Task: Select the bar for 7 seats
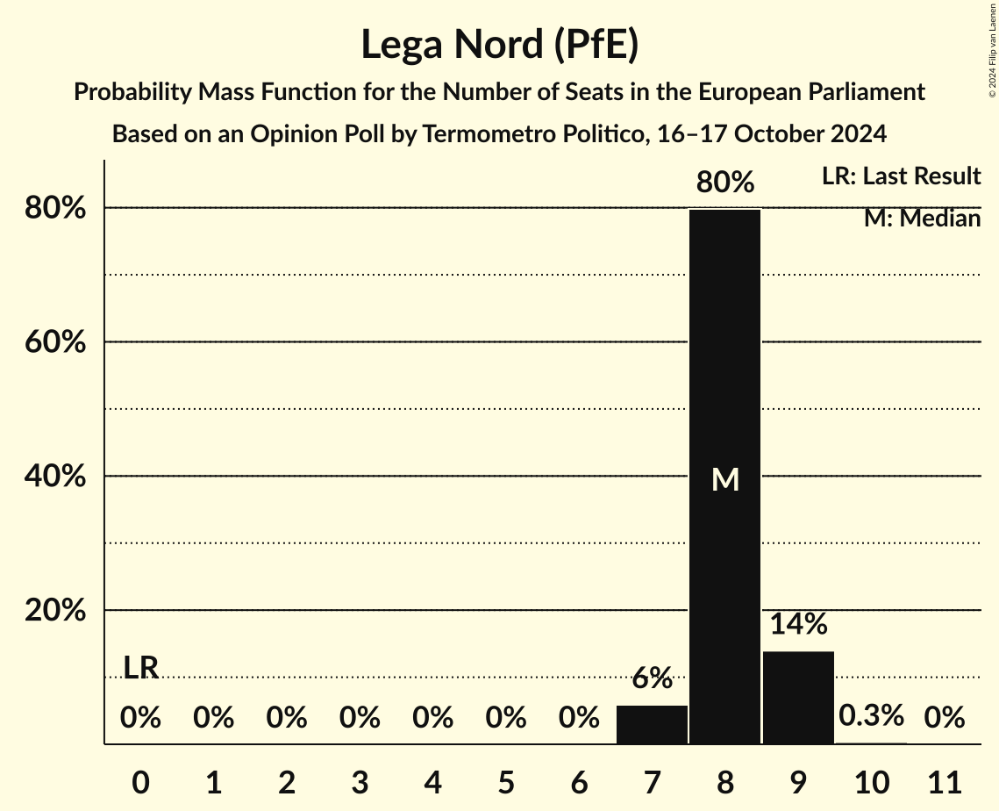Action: coord(652,725)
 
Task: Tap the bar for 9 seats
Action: coord(798,698)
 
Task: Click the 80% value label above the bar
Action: coord(724,183)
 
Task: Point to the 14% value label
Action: coord(798,624)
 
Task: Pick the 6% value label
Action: coord(652,678)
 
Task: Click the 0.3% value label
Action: coord(871,715)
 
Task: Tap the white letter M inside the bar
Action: coord(725,479)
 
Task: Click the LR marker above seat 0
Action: coord(140,668)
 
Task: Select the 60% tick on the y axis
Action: coord(55,342)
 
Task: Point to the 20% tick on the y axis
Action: coord(55,611)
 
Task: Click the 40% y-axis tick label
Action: coord(55,477)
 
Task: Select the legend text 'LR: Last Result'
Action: coord(901,176)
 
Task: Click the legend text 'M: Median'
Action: coord(922,218)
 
